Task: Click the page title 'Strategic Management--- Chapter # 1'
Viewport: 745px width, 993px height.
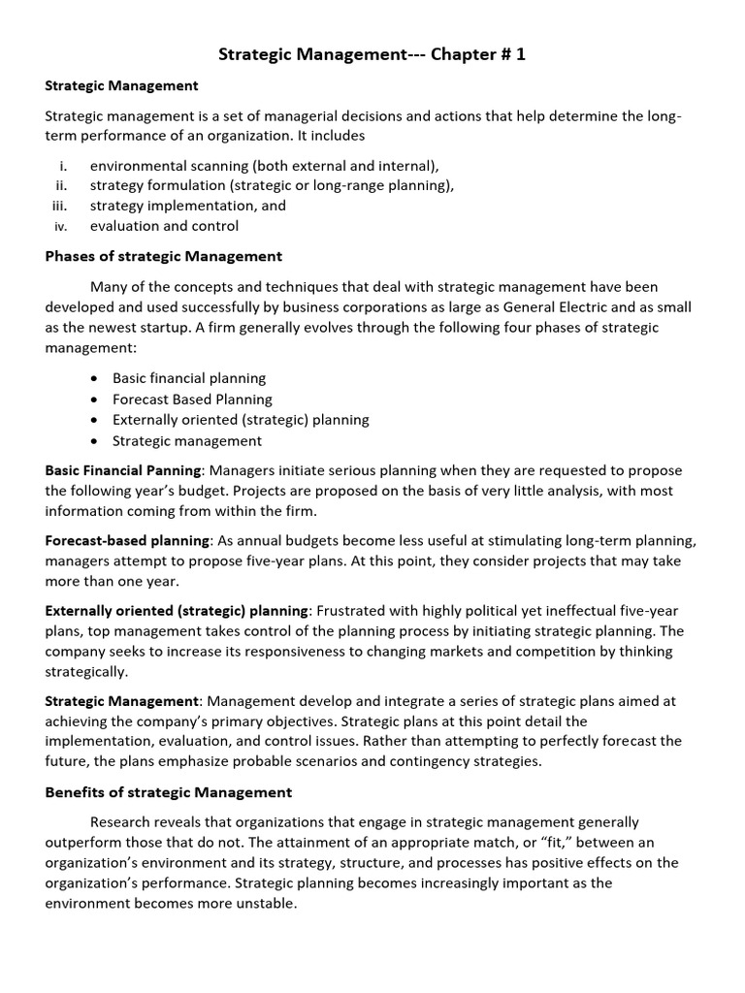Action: point(372,55)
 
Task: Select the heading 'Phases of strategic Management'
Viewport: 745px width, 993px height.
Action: point(164,257)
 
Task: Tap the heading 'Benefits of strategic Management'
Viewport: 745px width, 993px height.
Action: point(169,792)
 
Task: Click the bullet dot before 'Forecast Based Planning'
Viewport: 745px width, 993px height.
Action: point(92,400)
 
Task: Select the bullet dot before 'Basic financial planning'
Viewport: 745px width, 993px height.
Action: point(92,378)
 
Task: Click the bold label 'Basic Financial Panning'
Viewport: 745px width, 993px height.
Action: point(122,470)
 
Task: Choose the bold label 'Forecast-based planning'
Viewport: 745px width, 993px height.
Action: point(127,540)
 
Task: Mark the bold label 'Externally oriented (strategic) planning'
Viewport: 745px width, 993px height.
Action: point(177,611)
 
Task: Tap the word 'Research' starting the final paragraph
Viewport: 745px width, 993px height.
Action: point(120,820)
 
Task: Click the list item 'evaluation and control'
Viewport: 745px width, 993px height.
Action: point(164,227)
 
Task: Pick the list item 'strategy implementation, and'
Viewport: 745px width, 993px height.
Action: point(188,206)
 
